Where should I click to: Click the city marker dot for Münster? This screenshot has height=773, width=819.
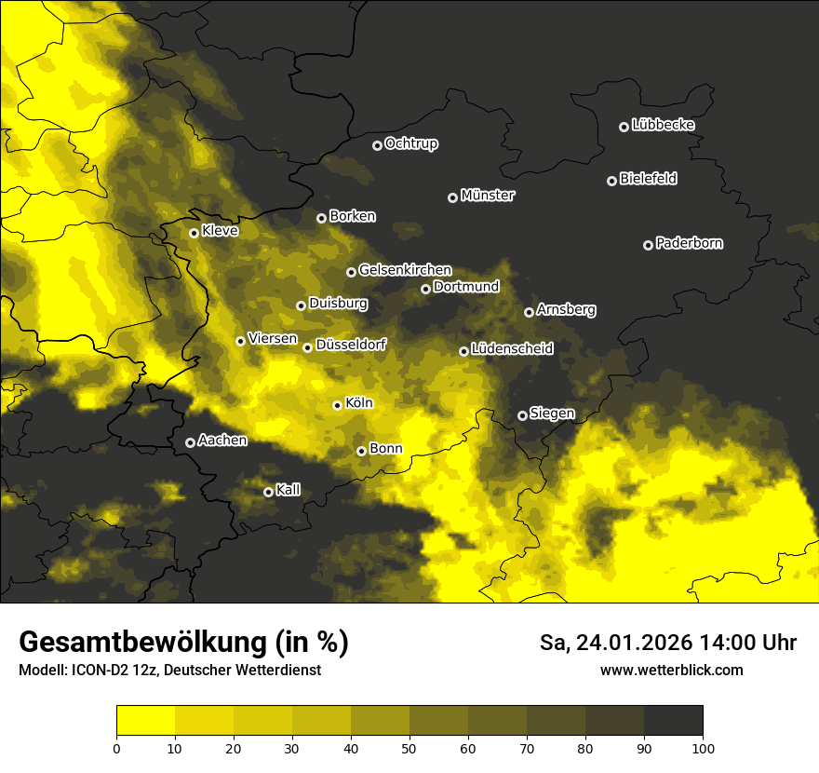click(x=453, y=197)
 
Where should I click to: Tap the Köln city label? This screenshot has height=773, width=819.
click(x=358, y=403)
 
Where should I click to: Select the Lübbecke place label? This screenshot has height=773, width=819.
click(x=663, y=125)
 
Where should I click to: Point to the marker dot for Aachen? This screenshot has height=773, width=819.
click(x=190, y=442)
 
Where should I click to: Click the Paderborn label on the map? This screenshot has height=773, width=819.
click(x=689, y=243)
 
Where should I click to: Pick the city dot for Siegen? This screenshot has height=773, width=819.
click(x=522, y=415)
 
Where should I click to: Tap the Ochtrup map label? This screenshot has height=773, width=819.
click(x=410, y=143)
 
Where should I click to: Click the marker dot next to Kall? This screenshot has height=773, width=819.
click(x=268, y=492)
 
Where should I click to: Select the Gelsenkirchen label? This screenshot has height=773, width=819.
click(x=405, y=270)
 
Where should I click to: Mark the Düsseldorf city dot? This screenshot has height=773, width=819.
click(x=307, y=347)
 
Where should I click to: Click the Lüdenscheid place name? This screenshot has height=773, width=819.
click(x=512, y=349)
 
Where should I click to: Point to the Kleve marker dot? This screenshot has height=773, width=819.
click(x=194, y=233)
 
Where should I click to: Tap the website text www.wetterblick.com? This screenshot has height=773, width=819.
click(x=671, y=670)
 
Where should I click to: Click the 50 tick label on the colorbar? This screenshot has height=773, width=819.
click(x=409, y=747)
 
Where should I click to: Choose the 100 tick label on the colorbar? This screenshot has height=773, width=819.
click(x=702, y=747)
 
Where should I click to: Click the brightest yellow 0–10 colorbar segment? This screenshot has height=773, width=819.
click(x=145, y=721)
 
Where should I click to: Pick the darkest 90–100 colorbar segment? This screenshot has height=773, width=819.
click(x=673, y=721)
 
